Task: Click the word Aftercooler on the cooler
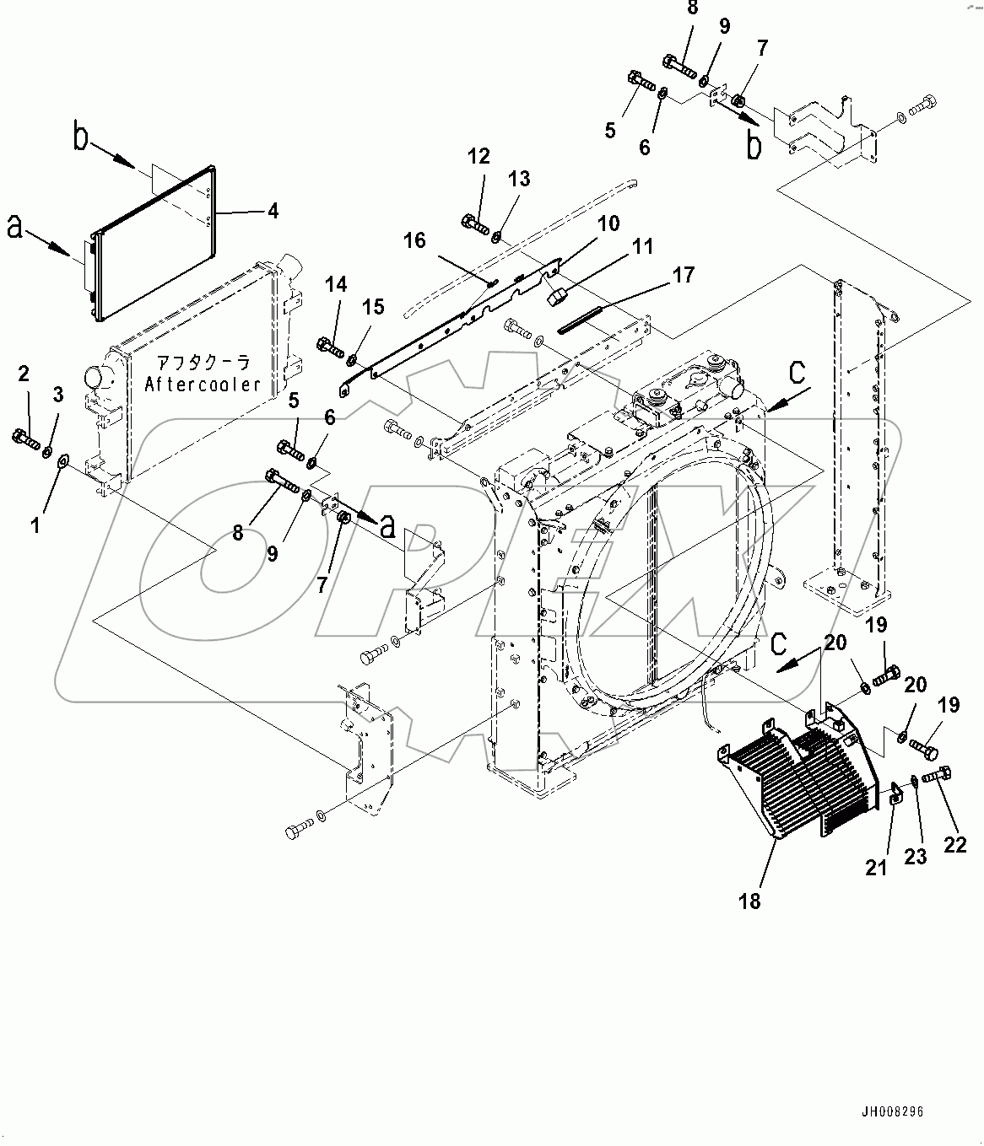click(x=202, y=384)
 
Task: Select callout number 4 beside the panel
click(x=273, y=210)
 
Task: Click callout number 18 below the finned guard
click(x=749, y=901)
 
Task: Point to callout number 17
click(x=684, y=274)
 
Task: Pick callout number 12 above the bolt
click(x=478, y=156)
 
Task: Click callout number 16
click(x=414, y=240)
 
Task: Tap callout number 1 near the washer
click(x=35, y=525)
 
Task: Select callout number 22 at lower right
click(x=954, y=843)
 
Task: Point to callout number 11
click(x=643, y=246)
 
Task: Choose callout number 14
click(x=336, y=284)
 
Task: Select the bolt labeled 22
click(x=936, y=774)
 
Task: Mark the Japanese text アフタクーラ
click(x=203, y=363)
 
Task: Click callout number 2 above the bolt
click(x=24, y=374)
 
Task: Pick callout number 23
click(x=916, y=856)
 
